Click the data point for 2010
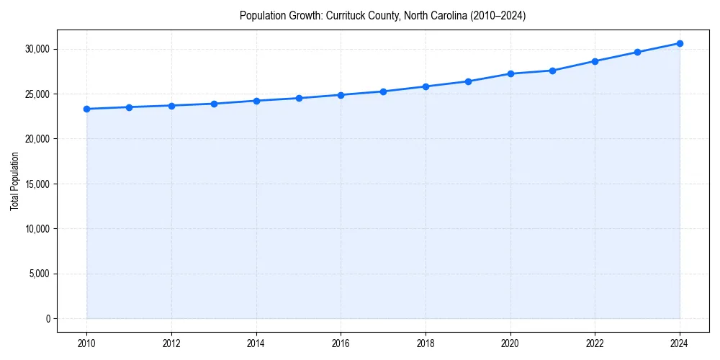[x=86, y=109]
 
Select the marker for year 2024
[x=680, y=43]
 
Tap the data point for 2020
[x=510, y=73]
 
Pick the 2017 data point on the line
[x=383, y=91]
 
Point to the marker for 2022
[x=595, y=61]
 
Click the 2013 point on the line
[x=214, y=104]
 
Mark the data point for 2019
[x=468, y=81]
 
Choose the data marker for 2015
[x=299, y=98]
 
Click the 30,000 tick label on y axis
[x=36, y=49]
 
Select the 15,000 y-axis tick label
[x=36, y=184]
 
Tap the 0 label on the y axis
[x=48, y=319]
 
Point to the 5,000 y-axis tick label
[x=38, y=274]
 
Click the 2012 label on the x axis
[x=171, y=343]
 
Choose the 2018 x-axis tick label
[x=426, y=343]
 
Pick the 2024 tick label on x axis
[x=680, y=343]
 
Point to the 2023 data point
[x=637, y=52]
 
